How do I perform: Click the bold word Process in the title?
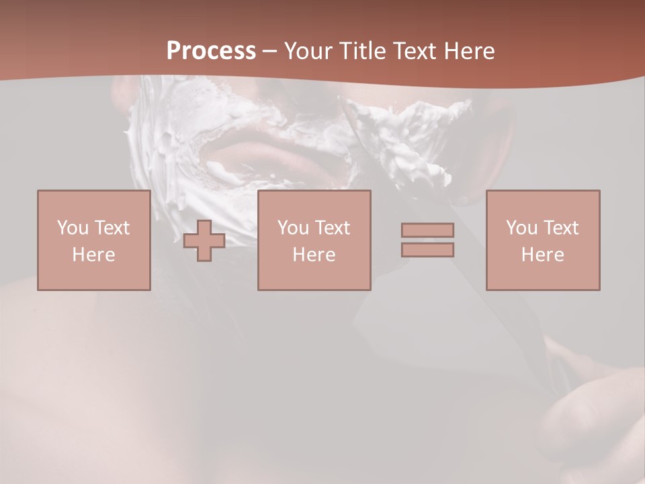[x=211, y=51]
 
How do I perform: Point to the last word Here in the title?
[x=469, y=51]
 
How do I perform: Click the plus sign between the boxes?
[x=204, y=241]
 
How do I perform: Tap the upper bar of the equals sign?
[x=427, y=230]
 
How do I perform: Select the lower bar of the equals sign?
[x=427, y=250]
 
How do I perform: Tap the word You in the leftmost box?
[x=73, y=228]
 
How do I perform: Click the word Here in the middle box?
[x=314, y=255]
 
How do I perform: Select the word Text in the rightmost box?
[x=561, y=228]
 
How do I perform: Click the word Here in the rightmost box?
[x=543, y=255]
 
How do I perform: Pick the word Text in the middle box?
[x=333, y=228]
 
